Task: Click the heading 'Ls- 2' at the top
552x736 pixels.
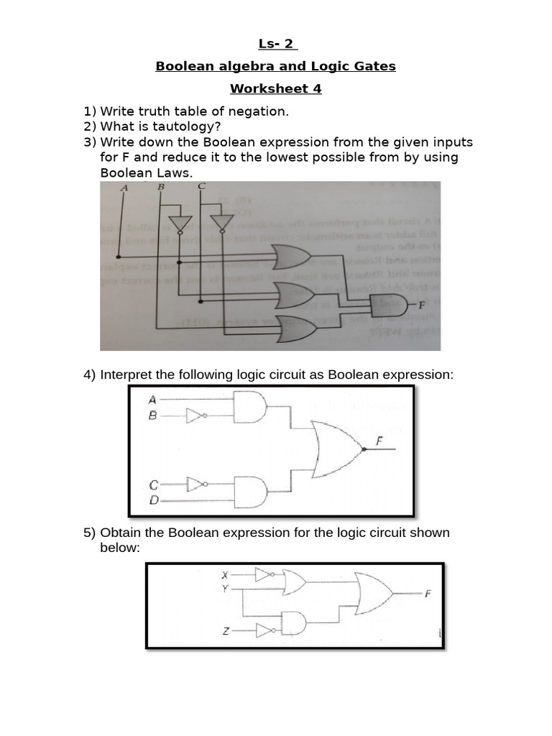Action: click(275, 45)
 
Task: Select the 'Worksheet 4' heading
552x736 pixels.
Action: click(275, 89)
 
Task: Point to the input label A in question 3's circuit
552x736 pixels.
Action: click(124, 188)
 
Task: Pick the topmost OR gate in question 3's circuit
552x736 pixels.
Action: click(290, 255)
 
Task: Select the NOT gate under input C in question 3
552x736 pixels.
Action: click(222, 221)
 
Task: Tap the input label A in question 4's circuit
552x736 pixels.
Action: click(152, 399)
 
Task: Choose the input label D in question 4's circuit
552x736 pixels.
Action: click(153, 498)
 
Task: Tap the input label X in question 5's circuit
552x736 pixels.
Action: click(224, 575)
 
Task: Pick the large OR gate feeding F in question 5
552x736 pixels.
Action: click(373, 593)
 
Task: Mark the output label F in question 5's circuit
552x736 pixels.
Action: click(428, 594)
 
